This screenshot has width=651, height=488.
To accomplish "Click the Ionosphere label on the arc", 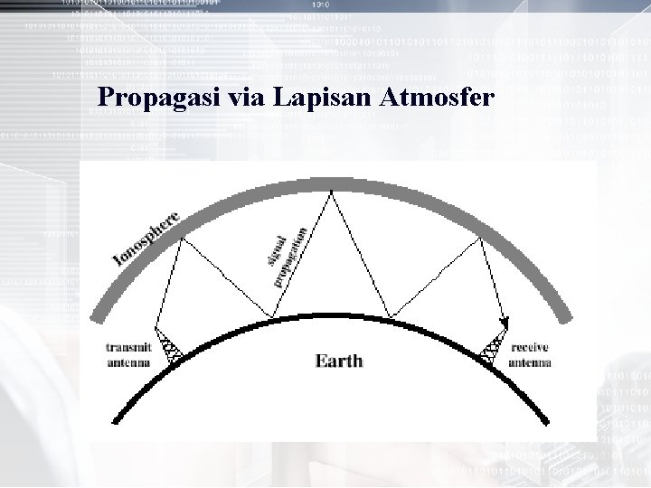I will click(147, 237).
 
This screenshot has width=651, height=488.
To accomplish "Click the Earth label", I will click(338, 361).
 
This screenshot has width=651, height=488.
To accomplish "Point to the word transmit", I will click(129, 346).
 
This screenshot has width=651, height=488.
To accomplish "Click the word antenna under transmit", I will click(129, 363).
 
